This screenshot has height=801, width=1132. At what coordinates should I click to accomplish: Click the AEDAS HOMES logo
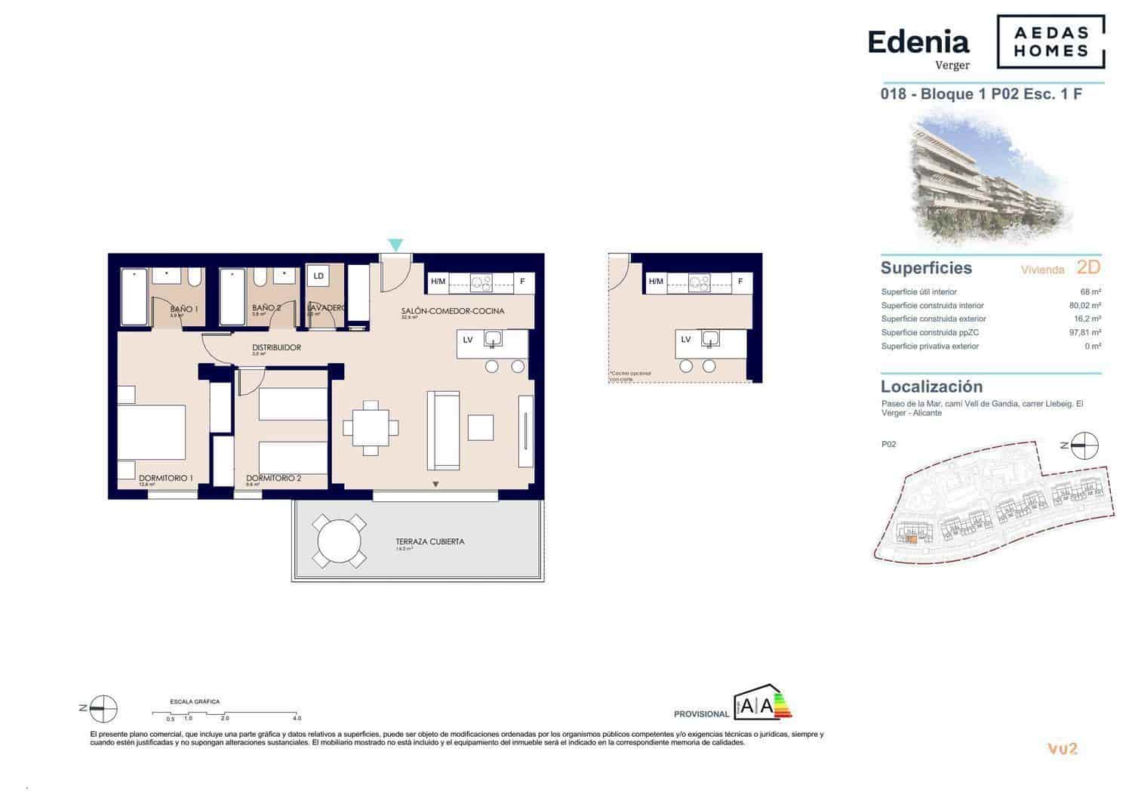(1050, 42)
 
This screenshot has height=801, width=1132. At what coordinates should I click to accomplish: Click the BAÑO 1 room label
(183, 309)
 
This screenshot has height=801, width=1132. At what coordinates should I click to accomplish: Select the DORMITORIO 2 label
(273, 478)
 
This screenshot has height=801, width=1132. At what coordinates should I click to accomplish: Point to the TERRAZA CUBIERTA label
(429, 541)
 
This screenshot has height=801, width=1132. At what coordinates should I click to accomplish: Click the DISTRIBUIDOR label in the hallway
(276, 348)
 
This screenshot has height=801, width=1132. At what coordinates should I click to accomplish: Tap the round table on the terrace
(340, 541)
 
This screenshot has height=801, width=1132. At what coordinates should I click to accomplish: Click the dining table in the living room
(371, 428)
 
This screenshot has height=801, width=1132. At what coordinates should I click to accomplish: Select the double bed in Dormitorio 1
(152, 432)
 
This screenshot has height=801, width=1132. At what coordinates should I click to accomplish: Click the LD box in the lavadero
(318, 276)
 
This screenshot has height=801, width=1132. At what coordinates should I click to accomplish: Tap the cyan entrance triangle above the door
(395, 245)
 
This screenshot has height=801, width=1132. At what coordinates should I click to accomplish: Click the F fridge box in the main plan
(522, 282)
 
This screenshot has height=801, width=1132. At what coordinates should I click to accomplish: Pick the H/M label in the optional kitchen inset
(656, 282)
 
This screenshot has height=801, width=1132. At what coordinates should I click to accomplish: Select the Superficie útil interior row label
(918, 292)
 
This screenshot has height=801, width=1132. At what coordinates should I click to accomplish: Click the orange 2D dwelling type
(1088, 267)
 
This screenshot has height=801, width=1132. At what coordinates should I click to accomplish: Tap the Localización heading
(931, 387)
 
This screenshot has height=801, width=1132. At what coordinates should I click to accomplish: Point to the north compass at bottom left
(103, 708)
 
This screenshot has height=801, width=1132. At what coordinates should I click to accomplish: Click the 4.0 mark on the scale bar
(297, 718)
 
